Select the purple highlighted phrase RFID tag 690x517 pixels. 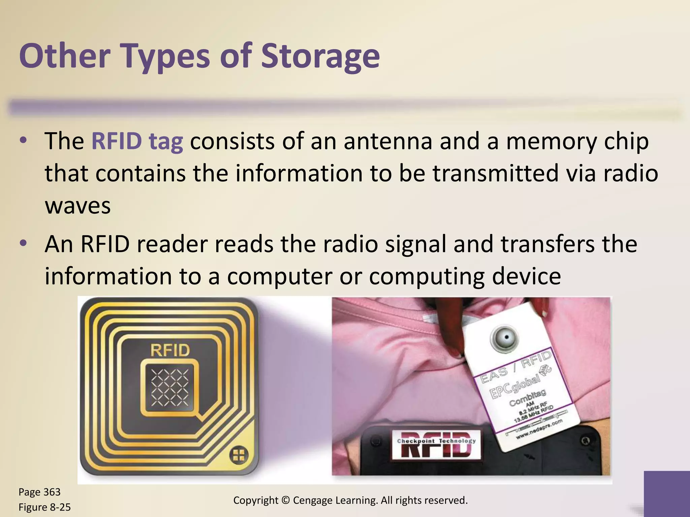137,141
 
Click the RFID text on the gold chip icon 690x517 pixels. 170,351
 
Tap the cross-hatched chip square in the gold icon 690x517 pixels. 169,388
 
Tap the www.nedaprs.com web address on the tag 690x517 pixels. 539,430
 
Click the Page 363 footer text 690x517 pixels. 39,492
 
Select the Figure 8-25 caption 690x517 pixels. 44,507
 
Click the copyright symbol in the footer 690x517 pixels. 286,501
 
